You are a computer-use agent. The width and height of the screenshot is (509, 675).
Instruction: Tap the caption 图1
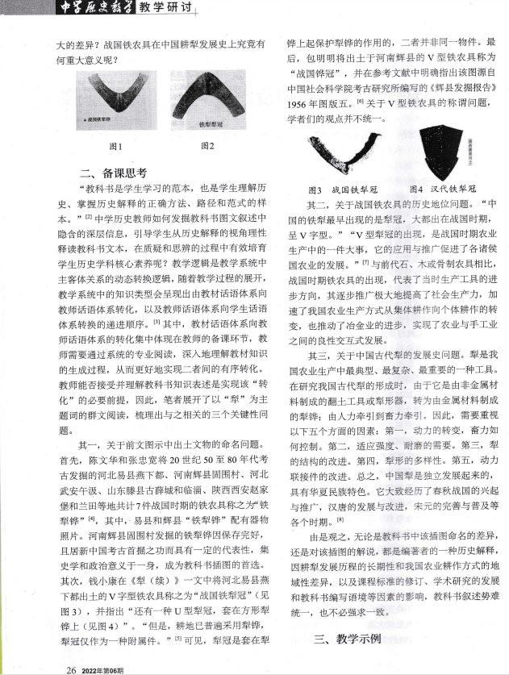(x=115, y=147)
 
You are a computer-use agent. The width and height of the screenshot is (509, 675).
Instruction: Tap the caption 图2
(x=207, y=147)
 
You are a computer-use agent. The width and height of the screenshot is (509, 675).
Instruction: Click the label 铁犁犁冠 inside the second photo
(x=209, y=125)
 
